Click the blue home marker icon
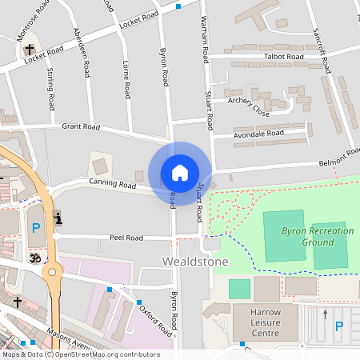point(180,173)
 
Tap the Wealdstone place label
point(195,262)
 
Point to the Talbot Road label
point(285,58)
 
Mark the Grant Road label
point(81,126)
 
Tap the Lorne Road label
point(126,79)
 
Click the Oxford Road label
point(156,318)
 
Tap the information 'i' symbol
point(57,218)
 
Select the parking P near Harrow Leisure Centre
point(338,326)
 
